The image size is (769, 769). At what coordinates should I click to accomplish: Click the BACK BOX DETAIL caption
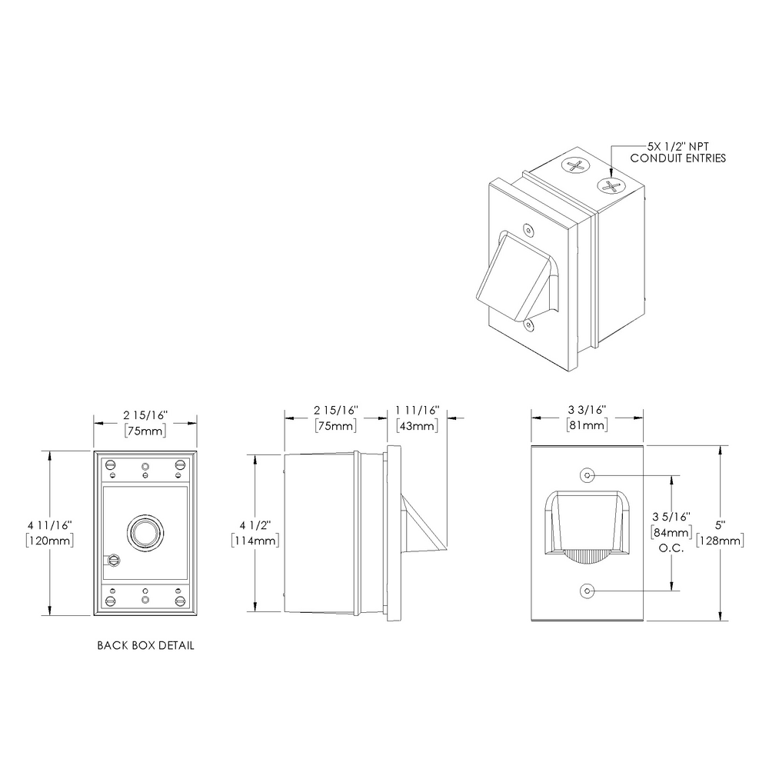coord(145,645)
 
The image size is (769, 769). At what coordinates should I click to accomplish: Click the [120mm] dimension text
coord(49,541)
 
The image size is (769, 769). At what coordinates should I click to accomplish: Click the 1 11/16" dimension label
coord(417,411)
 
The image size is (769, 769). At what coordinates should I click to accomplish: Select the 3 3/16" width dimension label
coord(587,411)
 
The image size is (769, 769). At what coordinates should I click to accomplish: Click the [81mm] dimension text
coord(587,426)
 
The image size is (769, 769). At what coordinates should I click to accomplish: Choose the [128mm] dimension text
coord(720,541)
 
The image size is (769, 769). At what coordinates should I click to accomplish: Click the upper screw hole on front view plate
coord(588,475)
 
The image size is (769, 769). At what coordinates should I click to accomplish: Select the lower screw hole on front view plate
coord(588,591)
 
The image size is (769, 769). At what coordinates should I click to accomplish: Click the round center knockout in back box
coord(144,532)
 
